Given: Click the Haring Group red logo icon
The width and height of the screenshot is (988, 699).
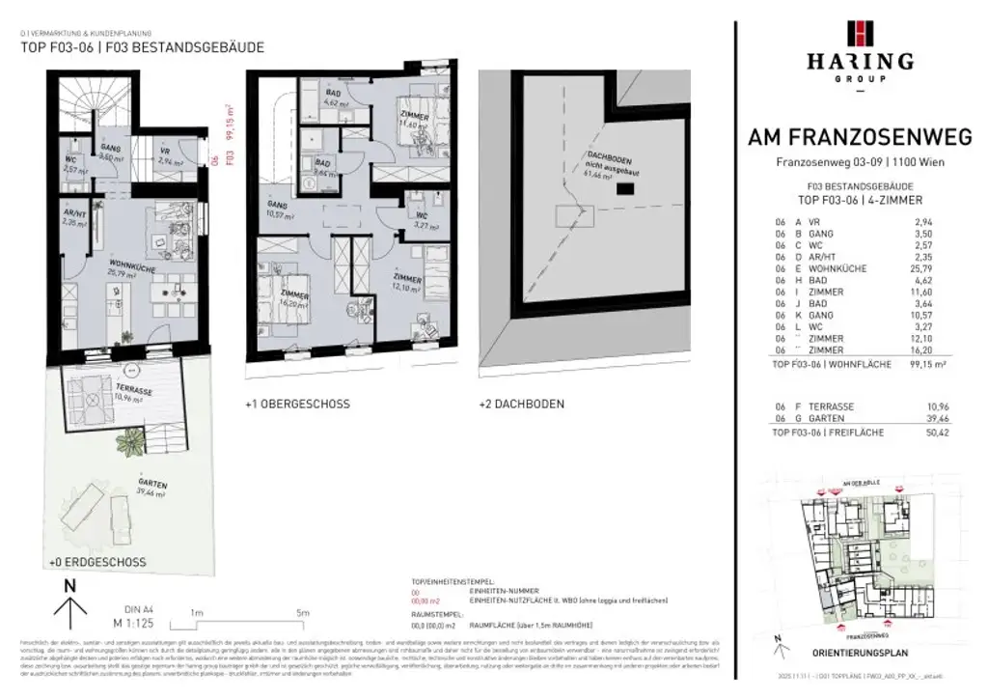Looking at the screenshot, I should click(861, 33).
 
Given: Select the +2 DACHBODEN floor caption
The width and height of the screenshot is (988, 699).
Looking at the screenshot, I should click(521, 404).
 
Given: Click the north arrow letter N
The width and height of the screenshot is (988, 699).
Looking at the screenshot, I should click(69, 586).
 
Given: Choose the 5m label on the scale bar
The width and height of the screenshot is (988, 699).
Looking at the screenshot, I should click(302, 613).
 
